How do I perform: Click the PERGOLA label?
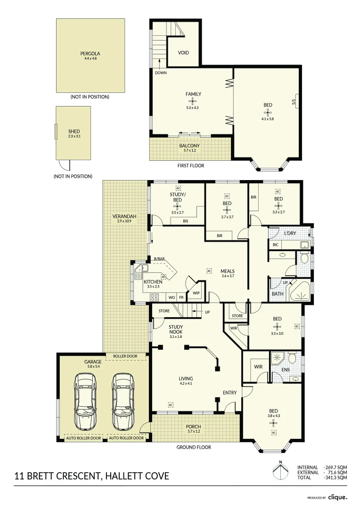90,54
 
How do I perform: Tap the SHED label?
74,131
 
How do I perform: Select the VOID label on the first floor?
183,53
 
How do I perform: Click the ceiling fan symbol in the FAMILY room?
194,101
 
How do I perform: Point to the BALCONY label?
189,146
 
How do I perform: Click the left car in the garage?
86,401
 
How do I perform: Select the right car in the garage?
123,401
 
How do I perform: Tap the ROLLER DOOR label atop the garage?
125,356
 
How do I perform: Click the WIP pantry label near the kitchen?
196,293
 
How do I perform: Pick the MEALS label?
228,271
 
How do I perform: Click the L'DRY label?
290,233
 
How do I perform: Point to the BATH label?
278,294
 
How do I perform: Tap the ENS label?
286,370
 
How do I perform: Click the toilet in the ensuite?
292,358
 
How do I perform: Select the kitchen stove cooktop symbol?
154,297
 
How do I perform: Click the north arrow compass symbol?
280,471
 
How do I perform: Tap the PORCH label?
194,427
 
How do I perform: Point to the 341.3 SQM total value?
335,477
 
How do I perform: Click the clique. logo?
337,497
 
